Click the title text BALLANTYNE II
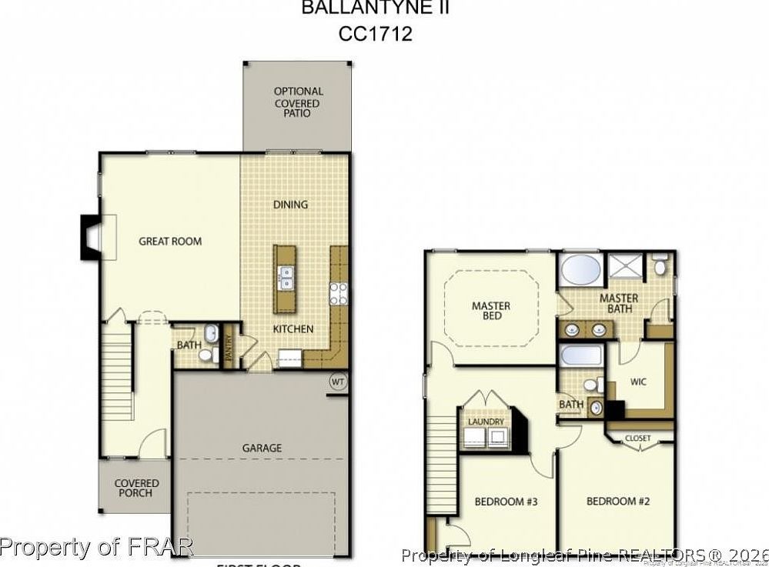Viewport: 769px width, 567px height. (375, 9)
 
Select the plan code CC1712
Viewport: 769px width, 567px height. (375, 35)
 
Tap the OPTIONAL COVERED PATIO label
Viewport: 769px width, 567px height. (298, 102)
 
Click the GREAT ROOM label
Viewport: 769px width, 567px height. (170, 241)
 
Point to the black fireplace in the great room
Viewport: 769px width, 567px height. (87, 237)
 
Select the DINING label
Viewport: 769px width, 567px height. (290, 204)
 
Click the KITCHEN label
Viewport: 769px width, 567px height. (293, 329)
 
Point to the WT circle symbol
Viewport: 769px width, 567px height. (337, 381)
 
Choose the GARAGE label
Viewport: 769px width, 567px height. (262, 448)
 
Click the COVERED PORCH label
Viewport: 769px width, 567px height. (137, 488)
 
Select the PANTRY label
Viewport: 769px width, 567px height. (229, 352)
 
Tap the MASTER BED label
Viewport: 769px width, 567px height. (491, 311)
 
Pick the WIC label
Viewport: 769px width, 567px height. (637, 381)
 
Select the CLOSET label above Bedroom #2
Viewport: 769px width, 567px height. (637, 438)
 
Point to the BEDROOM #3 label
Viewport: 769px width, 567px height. (506, 502)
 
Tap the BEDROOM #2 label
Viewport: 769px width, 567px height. (618, 502)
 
